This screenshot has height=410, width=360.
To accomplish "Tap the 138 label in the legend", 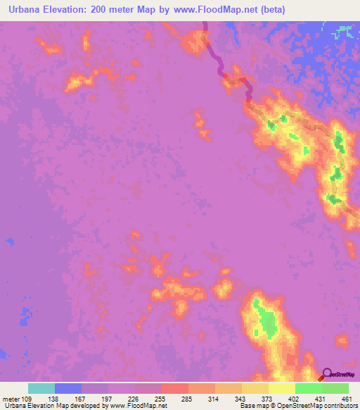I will pos(53,398).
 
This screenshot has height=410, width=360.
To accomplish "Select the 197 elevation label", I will pos(106,398).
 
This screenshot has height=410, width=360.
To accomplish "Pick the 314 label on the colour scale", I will pos(214,398).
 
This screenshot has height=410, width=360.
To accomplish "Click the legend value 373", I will pos(268,398).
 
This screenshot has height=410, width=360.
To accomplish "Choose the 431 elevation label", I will pos(321,398).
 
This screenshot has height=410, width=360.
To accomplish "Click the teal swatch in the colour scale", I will pos(41,388).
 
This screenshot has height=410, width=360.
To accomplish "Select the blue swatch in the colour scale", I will pos(68,388).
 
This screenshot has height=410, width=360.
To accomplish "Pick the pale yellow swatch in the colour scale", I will pos(255,388).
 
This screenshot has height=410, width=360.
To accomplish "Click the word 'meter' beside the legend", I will pos(11,398).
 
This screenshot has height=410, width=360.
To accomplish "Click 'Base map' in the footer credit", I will pos(253,406).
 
